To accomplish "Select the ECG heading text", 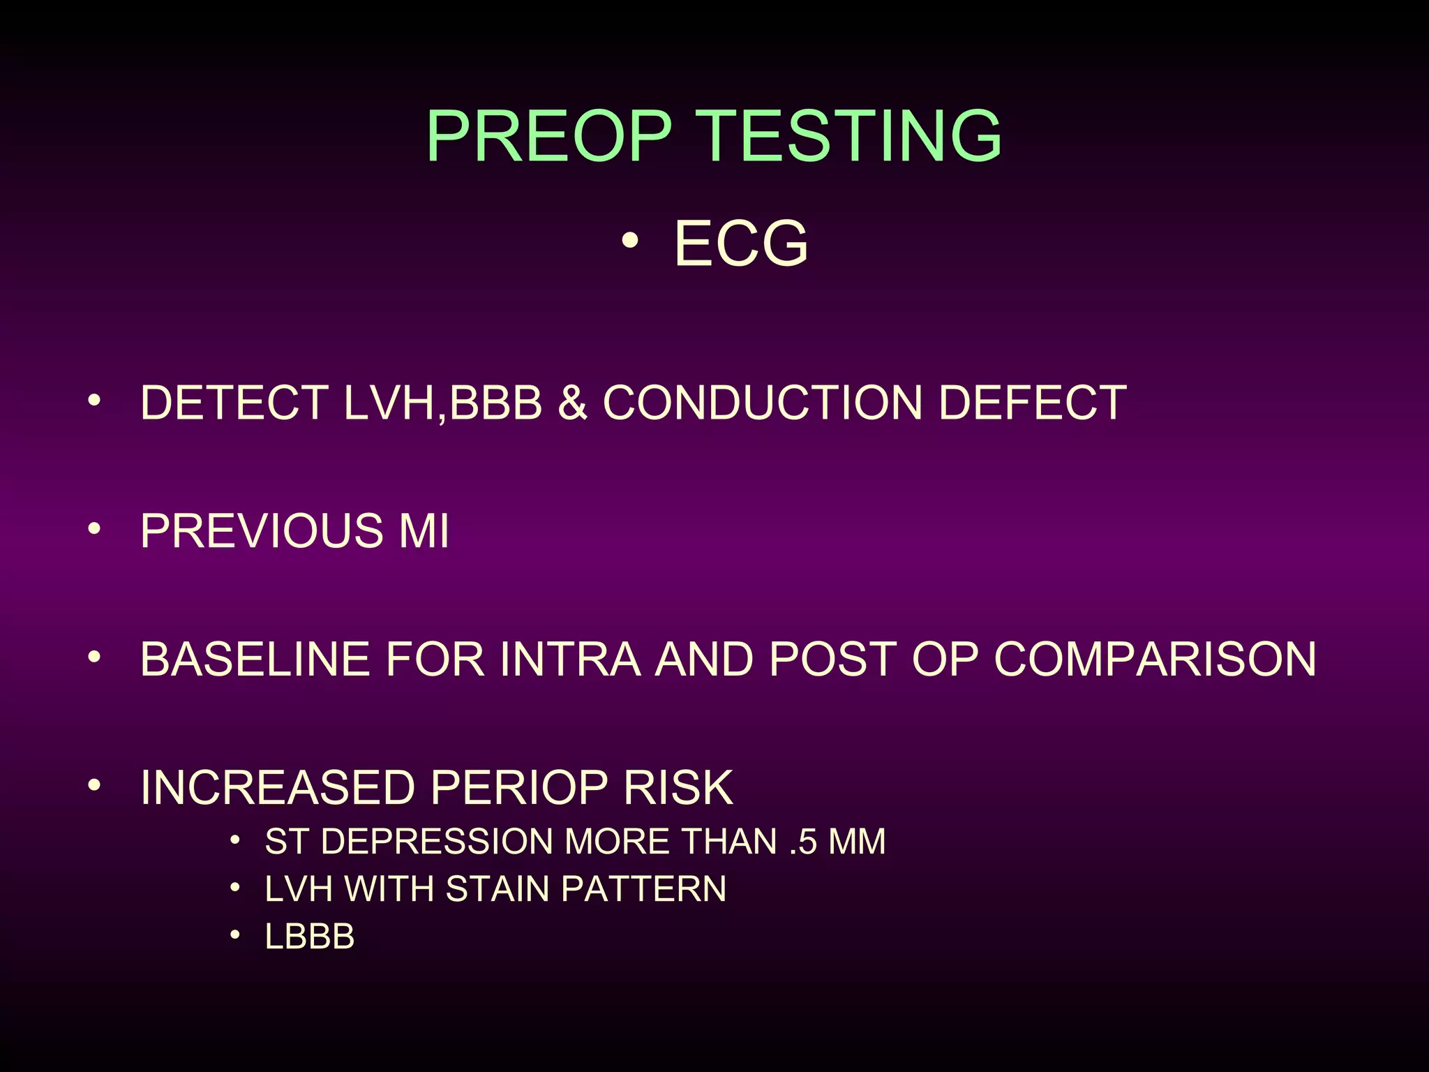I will coord(741,244).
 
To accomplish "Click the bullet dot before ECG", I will coord(629,241).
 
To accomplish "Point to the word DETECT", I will coord(234,403).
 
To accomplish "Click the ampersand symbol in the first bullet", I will coord(572,403).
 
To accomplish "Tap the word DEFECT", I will coord(1032,403).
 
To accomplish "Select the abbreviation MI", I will coord(424,531).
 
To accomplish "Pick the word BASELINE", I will coord(255,659).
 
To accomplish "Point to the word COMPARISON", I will coord(1155,659).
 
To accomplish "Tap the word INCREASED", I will coord(278,788).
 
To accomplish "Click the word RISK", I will coord(678,788).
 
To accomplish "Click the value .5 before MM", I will coord(803,842).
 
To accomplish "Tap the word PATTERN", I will coord(643,889).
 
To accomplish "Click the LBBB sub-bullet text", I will coord(310,937).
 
